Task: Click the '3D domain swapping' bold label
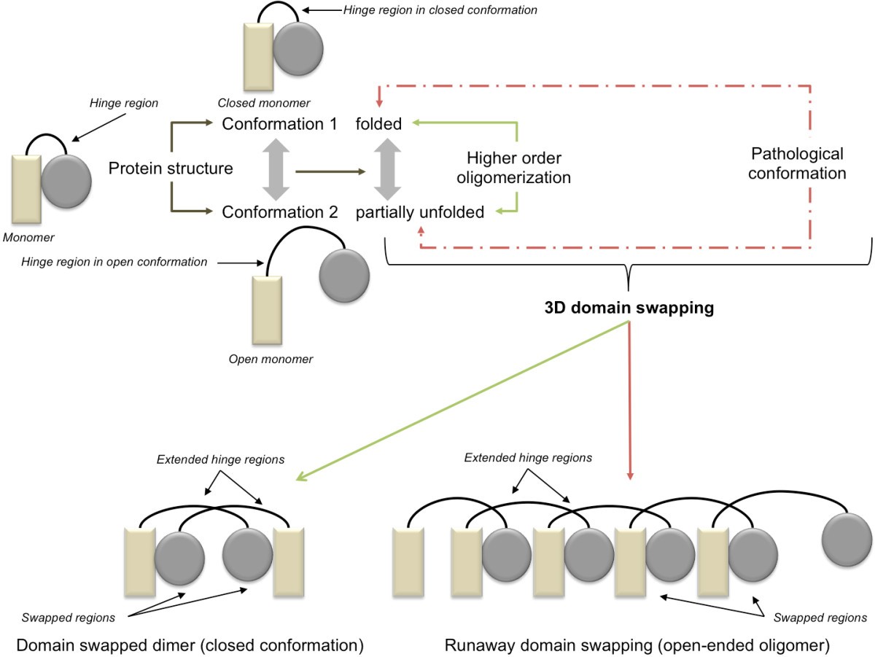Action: (x=629, y=308)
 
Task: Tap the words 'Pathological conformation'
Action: (x=797, y=164)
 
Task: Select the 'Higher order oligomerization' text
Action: (x=518, y=167)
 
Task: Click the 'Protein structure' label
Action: (x=171, y=168)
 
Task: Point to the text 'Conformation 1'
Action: (x=280, y=125)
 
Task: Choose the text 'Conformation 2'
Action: (x=280, y=212)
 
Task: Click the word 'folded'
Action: (x=378, y=125)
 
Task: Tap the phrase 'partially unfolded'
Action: (x=420, y=212)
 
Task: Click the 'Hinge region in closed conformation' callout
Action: (x=440, y=10)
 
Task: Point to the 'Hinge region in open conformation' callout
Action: (x=114, y=261)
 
